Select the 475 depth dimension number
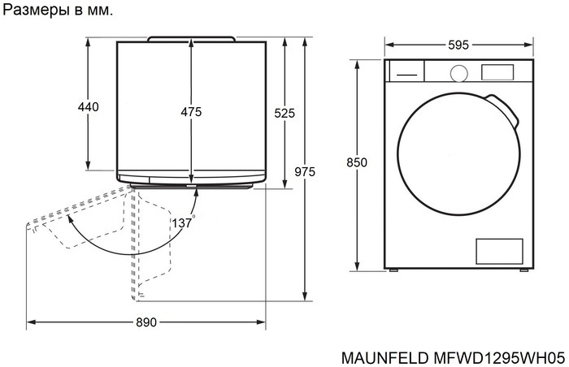coord(191,112)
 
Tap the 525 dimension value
coord(284,114)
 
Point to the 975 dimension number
coord(305,171)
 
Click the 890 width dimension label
coord(146,322)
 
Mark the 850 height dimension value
coord(357,163)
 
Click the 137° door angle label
coord(183,222)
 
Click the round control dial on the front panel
coord(458,72)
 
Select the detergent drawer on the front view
coord(406,71)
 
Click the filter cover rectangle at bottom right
coord(497,251)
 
